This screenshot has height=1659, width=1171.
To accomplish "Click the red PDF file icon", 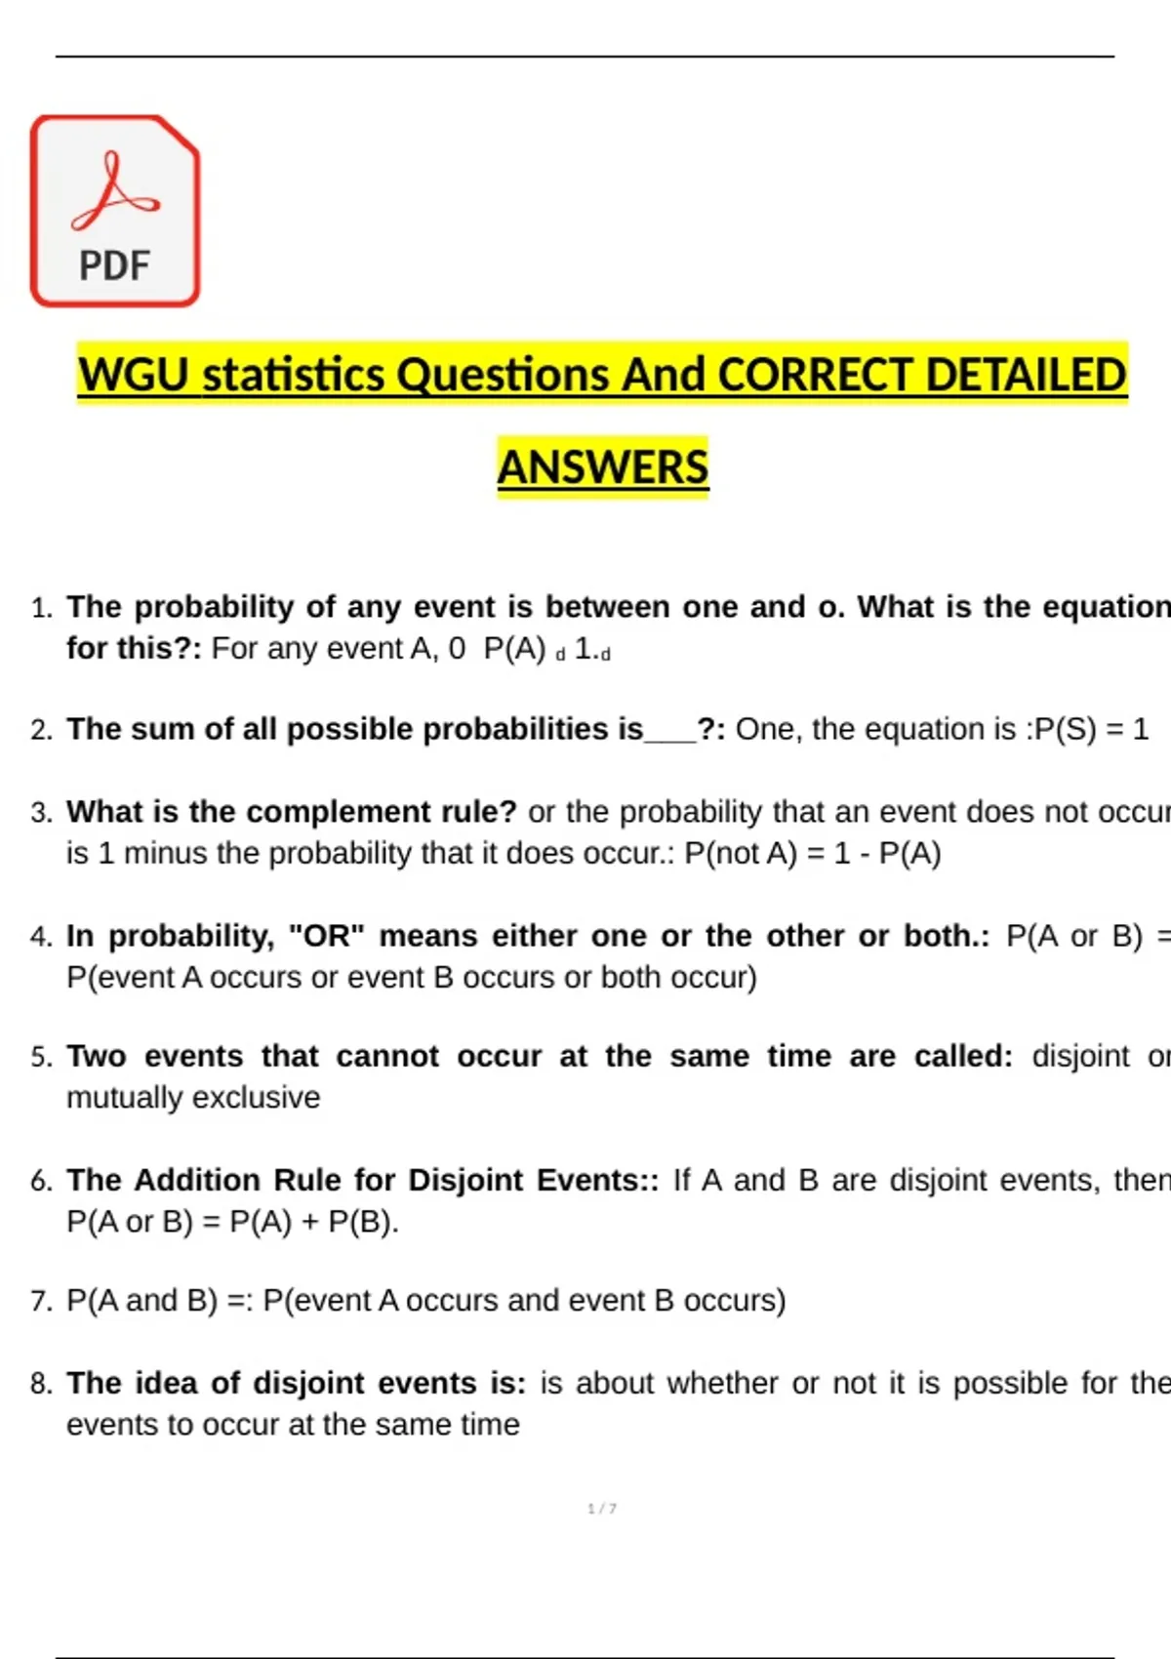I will click(x=115, y=211).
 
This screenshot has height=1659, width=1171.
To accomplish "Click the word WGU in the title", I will click(x=134, y=376).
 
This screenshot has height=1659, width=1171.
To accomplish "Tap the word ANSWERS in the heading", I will click(x=602, y=467).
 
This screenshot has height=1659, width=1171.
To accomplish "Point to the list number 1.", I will click(x=40, y=609).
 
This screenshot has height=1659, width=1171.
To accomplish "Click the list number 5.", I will click(x=40, y=1057).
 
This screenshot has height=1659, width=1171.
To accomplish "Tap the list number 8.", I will click(x=40, y=1384).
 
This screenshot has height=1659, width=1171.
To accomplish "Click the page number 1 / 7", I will click(x=602, y=1509).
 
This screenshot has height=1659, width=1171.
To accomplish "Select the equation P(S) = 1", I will click(x=1091, y=730).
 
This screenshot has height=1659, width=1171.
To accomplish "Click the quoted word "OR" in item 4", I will click(x=327, y=937).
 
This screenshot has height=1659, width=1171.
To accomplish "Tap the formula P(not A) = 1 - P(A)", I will click(x=813, y=854).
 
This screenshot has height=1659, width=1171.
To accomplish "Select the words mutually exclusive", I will click(x=193, y=1098).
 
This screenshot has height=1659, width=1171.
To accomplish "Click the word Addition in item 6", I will click(x=197, y=1181).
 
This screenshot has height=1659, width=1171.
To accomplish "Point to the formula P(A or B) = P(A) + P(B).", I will click(x=232, y=1222).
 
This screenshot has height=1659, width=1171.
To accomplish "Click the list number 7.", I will click(x=40, y=1301).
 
